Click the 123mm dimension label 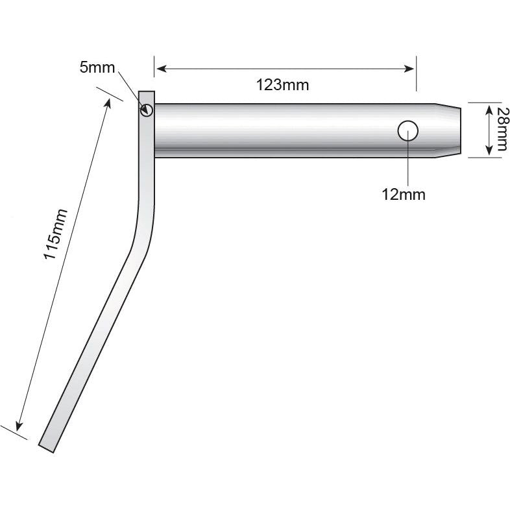point(282,85)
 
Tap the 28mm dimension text point(500,130)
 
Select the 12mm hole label point(404,194)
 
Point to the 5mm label point(97,67)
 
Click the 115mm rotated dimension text point(55,234)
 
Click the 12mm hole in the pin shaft point(407,131)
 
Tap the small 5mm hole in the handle point(146,110)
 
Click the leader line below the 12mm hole point(407,162)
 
